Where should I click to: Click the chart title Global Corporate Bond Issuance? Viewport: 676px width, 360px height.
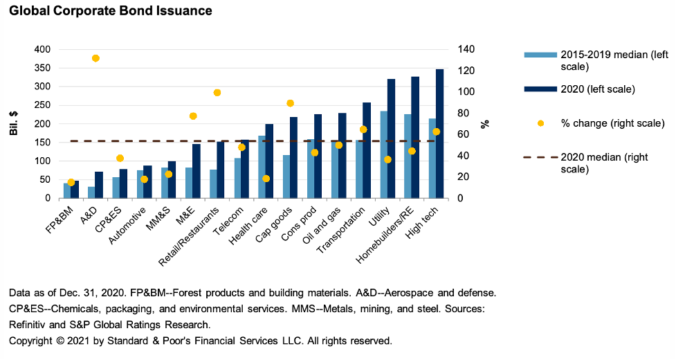coord(111,11)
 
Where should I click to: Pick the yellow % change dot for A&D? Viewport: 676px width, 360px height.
coord(95,58)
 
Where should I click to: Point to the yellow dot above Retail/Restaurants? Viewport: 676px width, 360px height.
coord(217,93)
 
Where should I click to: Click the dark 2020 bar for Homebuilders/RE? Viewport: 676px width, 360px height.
coord(415,138)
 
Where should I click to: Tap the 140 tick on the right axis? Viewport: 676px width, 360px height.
coord(466,49)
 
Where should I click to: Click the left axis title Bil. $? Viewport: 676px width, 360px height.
coord(14,123)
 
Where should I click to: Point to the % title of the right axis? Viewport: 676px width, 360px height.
coord(485,123)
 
